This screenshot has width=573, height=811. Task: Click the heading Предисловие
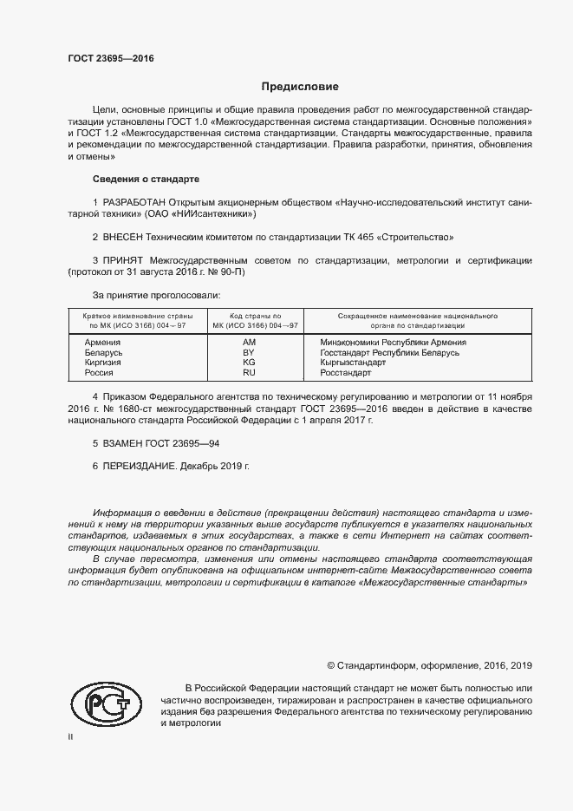[x=301, y=87]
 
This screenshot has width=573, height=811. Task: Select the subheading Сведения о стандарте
[x=146, y=180]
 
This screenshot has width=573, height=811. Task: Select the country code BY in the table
[x=249, y=353]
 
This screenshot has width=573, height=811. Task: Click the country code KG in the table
[x=249, y=363]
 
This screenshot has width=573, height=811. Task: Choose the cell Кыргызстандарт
[x=352, y=363]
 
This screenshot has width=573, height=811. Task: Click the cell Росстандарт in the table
[x=345, y=372]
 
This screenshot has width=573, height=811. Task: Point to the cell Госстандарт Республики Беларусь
[x=383, y=353]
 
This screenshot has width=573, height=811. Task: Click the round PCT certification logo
[x=107, y=703]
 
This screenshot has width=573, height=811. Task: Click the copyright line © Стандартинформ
[x=429, y=665]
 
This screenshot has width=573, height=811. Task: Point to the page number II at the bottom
[x=71, y=736]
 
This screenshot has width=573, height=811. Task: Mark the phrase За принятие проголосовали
[x=150, y=295]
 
